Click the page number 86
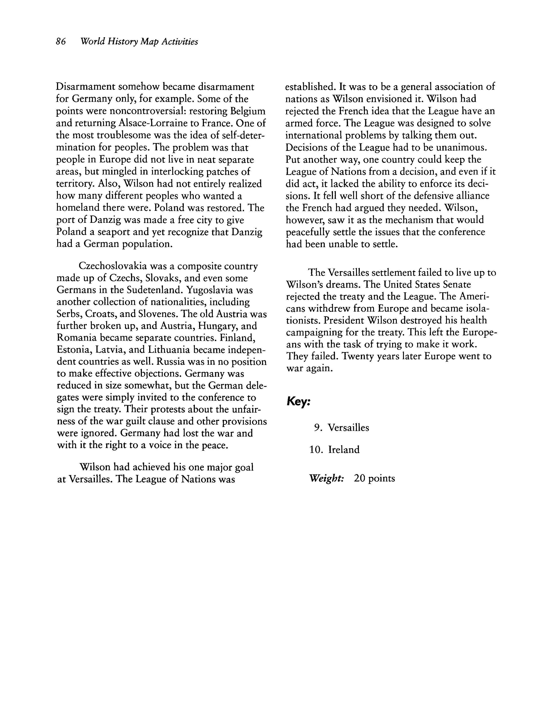pos(61,42)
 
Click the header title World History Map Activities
pos(139,42)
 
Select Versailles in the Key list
pos(348,428)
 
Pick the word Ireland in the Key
pos(344,450)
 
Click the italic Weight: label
pos(326,478)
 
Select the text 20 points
pos(374,478)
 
